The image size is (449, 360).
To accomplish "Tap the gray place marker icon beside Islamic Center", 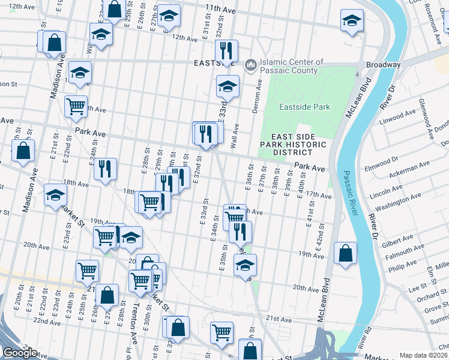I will click(251, 63).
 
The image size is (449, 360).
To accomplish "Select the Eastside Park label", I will click(305, 107).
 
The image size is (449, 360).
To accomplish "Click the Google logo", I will click(20, 353).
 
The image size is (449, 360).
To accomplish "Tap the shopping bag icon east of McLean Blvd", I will click(345, 254).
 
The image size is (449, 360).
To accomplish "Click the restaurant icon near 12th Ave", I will click(226, 50).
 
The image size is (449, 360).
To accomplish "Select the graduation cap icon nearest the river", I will click(351, 21).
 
